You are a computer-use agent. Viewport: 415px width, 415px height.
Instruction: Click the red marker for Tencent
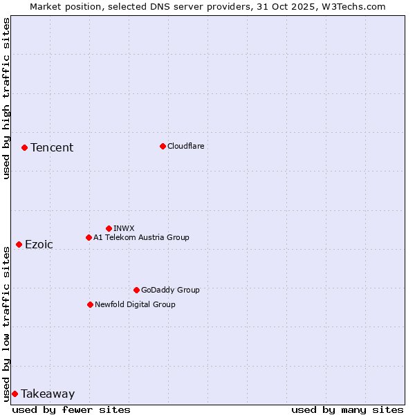(24, 147)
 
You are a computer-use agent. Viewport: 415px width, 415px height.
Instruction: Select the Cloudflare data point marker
(163, 146)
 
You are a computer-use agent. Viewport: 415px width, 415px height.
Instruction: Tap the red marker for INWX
(109, 228)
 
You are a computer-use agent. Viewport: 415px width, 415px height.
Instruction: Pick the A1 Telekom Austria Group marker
(89, 237)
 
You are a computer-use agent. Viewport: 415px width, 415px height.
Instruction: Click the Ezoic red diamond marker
(19, 244)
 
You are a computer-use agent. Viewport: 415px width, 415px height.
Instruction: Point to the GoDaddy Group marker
(136, 290)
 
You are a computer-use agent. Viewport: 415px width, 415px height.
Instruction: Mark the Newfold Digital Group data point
(90, 304)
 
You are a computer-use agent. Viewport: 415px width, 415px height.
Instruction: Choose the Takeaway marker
(15, 394)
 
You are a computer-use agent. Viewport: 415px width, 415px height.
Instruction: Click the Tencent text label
(52, 147)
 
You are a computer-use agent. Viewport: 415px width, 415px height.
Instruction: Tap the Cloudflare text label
(186, 146)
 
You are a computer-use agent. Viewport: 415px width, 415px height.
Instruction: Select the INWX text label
(124, 228)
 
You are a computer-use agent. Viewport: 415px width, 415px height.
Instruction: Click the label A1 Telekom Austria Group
(141, 237)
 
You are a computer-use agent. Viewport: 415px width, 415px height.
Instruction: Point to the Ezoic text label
(39, 244)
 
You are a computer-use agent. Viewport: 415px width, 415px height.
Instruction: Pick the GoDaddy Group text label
(170, 290)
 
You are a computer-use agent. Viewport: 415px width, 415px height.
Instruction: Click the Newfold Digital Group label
(135, 304)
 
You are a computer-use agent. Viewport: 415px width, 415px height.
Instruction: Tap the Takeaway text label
(48, 394)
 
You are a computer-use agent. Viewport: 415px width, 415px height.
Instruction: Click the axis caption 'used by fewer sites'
(71, 409)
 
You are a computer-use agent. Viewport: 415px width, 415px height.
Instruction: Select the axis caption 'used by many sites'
(347, 409)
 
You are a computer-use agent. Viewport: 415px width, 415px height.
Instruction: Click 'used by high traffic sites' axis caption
(6, 98)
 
